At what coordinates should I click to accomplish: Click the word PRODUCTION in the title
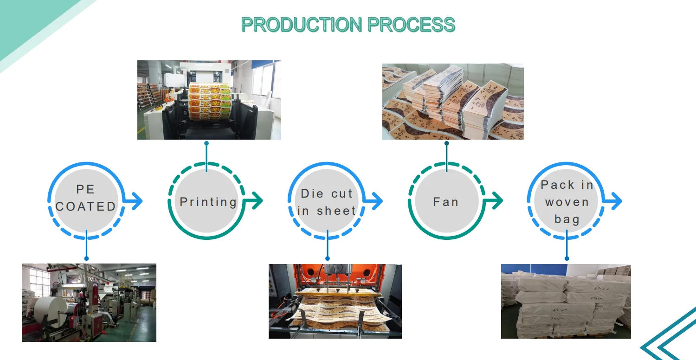(302, 25)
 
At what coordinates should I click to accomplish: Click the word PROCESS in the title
(412, 25)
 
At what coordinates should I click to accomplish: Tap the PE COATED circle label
(86, 198)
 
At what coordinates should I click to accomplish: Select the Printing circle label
(208, 202)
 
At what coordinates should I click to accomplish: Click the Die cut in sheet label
(327, 202)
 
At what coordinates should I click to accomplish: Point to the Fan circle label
(446, 202)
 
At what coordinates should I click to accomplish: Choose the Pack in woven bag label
(567, 202)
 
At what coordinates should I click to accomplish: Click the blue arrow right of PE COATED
(133, 201)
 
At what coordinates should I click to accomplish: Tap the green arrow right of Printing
(253, 201)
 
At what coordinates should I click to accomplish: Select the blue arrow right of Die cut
(373, 201)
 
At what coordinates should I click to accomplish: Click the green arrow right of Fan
(493, 201)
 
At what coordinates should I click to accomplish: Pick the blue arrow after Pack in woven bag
(612, 201)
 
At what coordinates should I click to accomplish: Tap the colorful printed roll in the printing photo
(210, 102)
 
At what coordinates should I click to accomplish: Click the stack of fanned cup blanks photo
(453, 102)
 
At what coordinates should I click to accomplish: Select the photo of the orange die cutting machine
(335, 301)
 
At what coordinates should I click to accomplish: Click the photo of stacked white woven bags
(566, 301)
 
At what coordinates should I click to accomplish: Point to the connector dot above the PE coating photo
(86, 258)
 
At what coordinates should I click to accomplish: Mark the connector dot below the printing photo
(206, 143)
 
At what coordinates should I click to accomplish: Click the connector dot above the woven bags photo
(567, 258)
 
